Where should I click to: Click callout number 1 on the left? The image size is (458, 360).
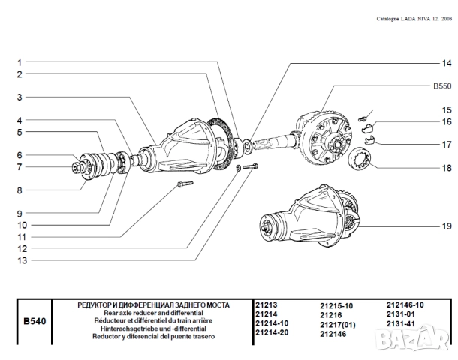tap(20, 62)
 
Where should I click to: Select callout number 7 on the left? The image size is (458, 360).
tap(20, 166)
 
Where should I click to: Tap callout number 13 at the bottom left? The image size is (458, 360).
tap(23, 260)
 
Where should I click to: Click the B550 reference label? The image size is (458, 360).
tap(442, 86)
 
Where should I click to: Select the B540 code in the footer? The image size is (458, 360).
tap(35, 321)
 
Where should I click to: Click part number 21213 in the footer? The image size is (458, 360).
tap(267, 305)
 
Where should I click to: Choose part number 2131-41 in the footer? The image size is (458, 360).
tap(401, 323)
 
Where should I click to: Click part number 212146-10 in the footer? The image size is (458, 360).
tap(405, 305)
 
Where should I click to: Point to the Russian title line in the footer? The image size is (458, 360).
tap(154, 305)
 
